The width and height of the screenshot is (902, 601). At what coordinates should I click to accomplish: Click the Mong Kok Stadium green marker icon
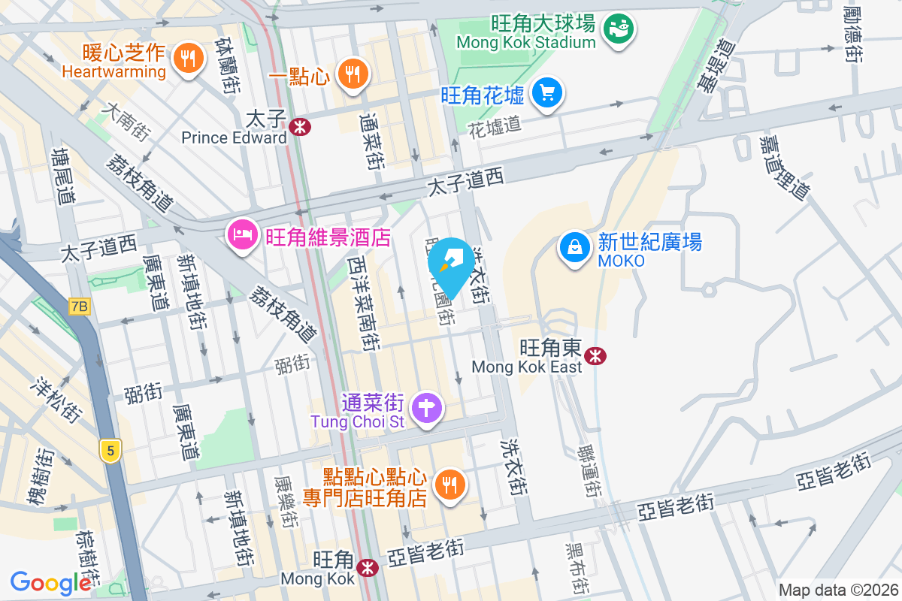pyautogui.click(x=620, y=29)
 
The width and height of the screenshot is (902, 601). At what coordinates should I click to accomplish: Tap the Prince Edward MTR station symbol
pyautogui.click(x=299, y=127)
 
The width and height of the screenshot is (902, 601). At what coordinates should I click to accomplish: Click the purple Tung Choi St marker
pyautogui.click(x=427, y=409)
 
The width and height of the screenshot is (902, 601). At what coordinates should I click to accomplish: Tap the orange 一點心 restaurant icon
pyautogui.click(x=351, y=74)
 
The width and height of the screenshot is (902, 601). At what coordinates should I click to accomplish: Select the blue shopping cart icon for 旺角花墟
pyautogui.click(x=546, y=93)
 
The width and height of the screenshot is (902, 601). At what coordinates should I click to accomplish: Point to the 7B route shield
pyautogui.click(x=78, y=307)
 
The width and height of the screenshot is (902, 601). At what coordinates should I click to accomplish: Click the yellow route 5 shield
pyautogui.click(x=110, y=451)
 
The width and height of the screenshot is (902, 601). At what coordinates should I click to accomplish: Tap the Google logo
pyautogui.click(x=50, y=583)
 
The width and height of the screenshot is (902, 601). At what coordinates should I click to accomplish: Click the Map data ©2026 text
pyautogui.click(x=838, y=590)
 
